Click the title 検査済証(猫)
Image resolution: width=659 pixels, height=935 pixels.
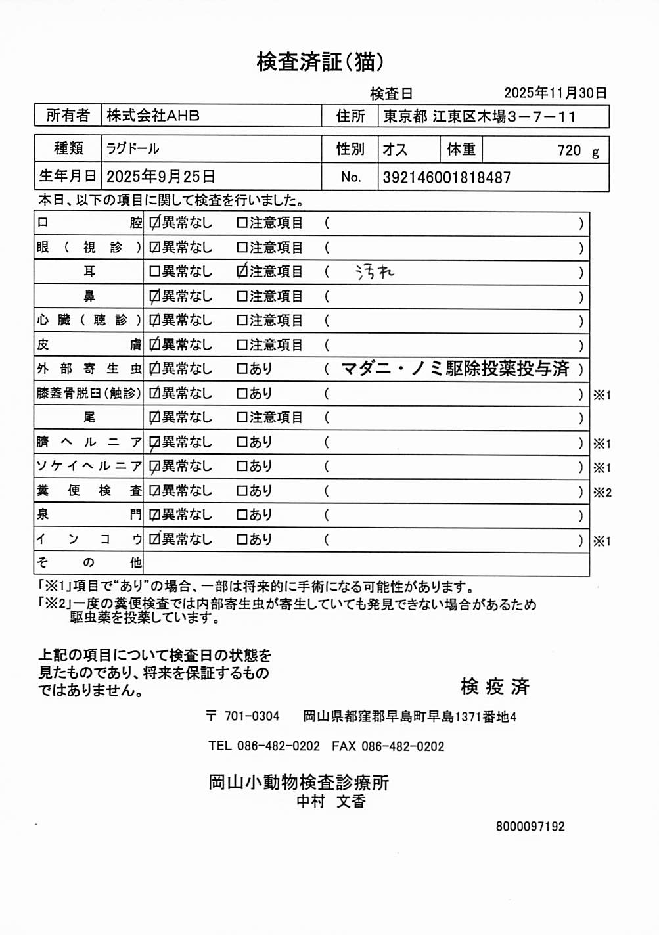point(320,62)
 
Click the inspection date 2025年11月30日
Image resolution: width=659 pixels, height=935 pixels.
point(555,93)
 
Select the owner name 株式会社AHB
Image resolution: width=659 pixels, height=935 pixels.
point(153,116)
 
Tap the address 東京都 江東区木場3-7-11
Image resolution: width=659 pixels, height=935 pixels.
point(480,117)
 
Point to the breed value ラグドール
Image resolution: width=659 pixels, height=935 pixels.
point(133,148)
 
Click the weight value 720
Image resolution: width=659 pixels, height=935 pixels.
point(569,150)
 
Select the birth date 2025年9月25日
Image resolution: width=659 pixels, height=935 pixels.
point(161,177)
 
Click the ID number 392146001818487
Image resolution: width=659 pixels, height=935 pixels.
point(446,177)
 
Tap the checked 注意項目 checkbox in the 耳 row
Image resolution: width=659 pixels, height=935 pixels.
point(242,271)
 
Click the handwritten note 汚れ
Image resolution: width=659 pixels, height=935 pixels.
point(375,271)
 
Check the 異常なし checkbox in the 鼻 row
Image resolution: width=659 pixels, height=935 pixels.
point(154,296)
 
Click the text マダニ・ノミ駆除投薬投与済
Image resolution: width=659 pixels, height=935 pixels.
point(455,369)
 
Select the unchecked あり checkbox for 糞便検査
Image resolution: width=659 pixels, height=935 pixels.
point(242,491)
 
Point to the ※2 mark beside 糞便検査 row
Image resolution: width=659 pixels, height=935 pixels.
point(602,492)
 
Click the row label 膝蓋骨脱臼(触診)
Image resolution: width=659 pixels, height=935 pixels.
point(89,393)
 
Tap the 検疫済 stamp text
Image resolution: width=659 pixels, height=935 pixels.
point(495,687)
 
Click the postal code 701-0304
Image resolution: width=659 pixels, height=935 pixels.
point(252,716)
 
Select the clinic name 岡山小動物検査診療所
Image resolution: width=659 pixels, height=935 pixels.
point(299,782)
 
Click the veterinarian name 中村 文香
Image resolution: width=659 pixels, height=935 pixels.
point(331,802)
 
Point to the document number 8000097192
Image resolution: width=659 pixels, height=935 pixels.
point(530,827)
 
